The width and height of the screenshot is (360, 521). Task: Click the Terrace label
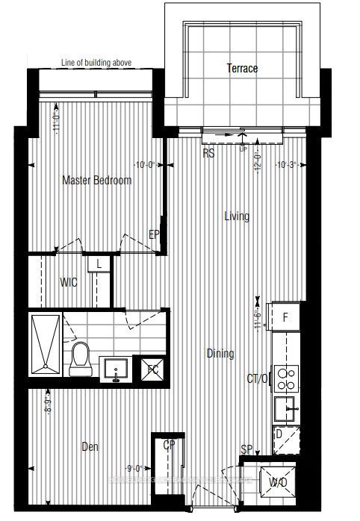tap(242, 69)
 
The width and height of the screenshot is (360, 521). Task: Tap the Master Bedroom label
tap(97, 180)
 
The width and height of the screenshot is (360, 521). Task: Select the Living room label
tap(237, 216)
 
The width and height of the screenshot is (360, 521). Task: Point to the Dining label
tap(220, 354)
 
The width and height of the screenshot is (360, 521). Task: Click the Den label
tap(90, 447)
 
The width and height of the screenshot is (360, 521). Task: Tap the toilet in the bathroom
tap(80, 359)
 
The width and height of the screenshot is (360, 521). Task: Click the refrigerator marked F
tap(285, 317)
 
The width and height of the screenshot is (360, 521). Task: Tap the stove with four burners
tap(286, 378)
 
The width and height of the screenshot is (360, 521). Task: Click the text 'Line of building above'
tap(97, 63)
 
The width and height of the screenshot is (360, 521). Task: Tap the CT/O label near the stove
tap(258, 380)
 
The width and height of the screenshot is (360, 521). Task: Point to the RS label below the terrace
tap(209, 152)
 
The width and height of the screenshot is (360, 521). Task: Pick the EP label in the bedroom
tap(155, 235)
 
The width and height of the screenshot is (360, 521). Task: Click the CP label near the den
tap(170, 446)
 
